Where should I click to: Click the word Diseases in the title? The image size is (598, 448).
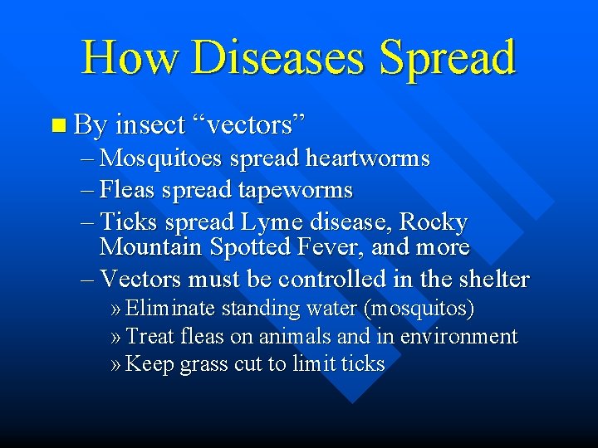tap(278, 58)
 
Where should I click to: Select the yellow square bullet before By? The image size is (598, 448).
tap(56, 126)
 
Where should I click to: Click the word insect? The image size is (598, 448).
tap(150, 125)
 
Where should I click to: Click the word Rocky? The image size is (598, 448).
tap(434, 223)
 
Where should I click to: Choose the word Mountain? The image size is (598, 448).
tap(150, 247)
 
